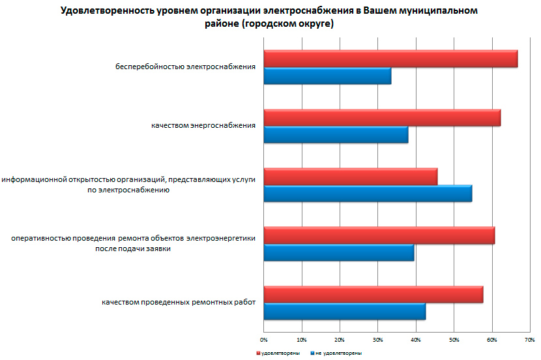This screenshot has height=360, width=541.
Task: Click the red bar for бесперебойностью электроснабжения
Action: tap(390, 59)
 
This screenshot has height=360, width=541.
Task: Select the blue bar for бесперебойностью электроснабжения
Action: tap(327, 76)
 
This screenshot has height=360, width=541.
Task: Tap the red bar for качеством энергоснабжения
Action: tap(382, 117)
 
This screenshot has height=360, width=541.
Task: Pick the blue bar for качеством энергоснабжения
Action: tap(336, 134)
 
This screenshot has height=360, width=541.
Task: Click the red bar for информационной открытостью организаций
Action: tap(351, 176)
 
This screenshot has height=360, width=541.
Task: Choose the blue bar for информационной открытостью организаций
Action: tap(368, 194)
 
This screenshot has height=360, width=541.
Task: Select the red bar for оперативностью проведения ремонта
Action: tap(379, 235)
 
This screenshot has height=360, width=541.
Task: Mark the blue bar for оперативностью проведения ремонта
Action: tap(339, 252)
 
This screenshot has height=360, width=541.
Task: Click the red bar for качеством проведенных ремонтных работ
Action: tap(373, 294)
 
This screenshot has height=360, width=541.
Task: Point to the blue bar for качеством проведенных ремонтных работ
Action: tap(345, 311)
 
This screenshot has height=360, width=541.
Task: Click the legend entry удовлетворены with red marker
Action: tap(278, 353)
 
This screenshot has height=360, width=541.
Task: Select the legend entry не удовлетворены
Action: tap(338, 353)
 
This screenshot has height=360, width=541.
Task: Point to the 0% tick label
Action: tap(263, 340)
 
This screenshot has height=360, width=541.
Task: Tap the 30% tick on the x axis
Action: tap(377, 340)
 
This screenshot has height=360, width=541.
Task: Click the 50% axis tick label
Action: tap(454, 340)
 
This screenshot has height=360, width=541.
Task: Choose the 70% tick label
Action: tap(529, 340)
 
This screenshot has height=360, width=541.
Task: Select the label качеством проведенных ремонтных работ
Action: tap(177, 302)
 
